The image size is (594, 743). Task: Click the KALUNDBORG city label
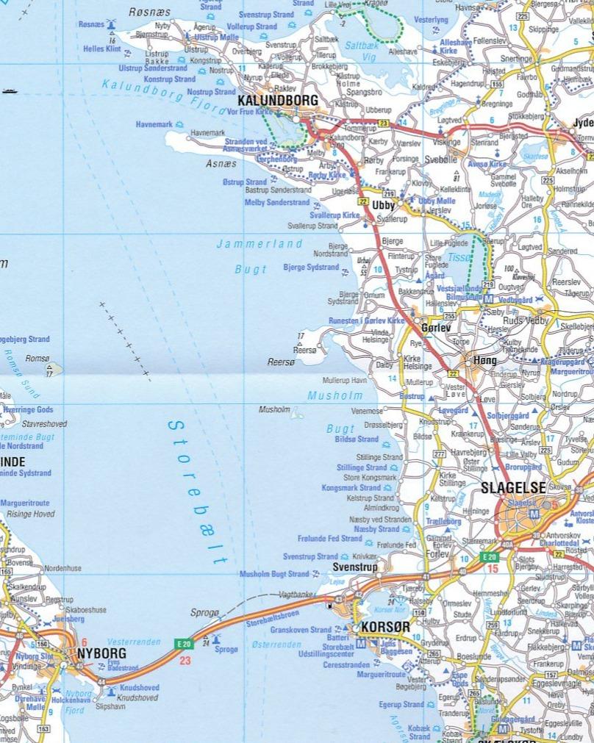[x=278, y=100]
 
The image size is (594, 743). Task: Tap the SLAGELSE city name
[x=513, y=487]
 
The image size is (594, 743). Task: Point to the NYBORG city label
[x=101, y=653]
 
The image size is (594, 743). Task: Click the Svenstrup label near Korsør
[x=354, y=567]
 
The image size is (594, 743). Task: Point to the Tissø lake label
[x=459, y=258]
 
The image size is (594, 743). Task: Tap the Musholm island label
[x=274, y=409]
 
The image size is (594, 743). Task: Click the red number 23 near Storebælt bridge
[x=185, y=660]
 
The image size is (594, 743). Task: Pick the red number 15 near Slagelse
[x=493, y=569]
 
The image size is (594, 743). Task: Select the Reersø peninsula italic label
[x=280, y=362]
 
